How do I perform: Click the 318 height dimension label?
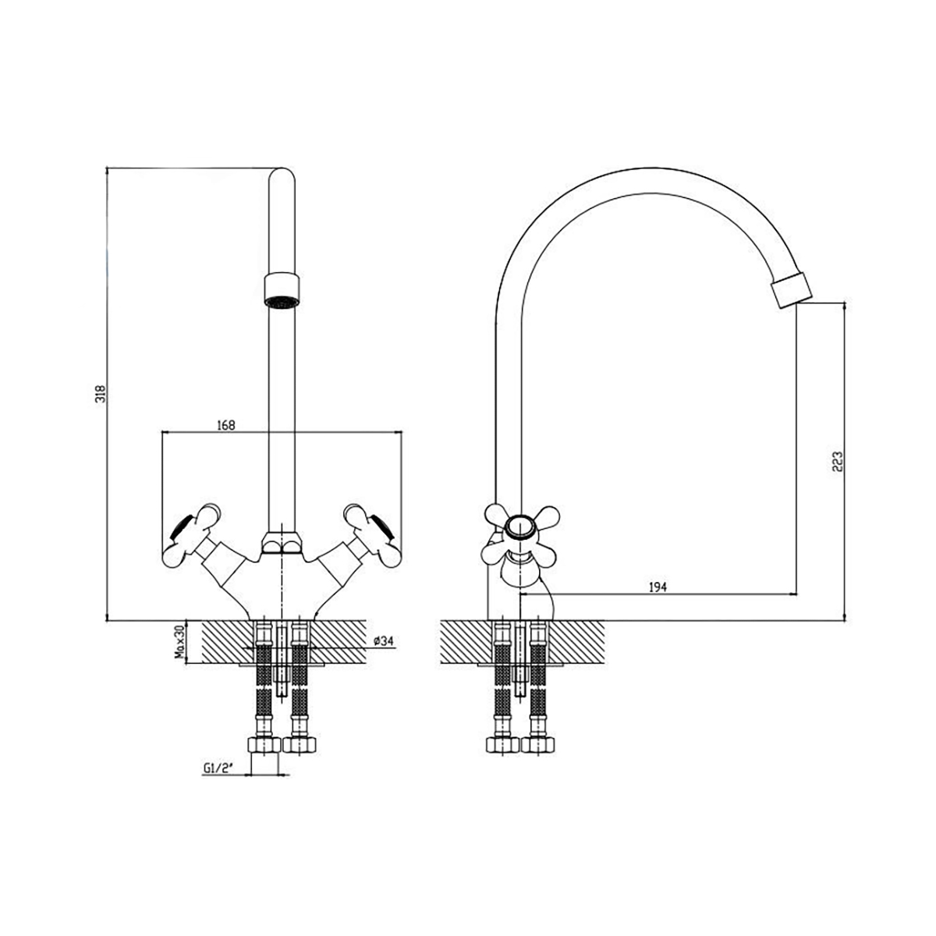[x=101, y=394]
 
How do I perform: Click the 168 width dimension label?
[x=226, y=425]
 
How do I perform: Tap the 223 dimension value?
[x=838, y=462]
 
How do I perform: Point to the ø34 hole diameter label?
[x=383, y=641]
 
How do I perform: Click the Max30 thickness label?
[x=181, y=642]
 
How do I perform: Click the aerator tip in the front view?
[x=282, y=291]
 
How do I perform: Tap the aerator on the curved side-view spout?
[x=792, y=290]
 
